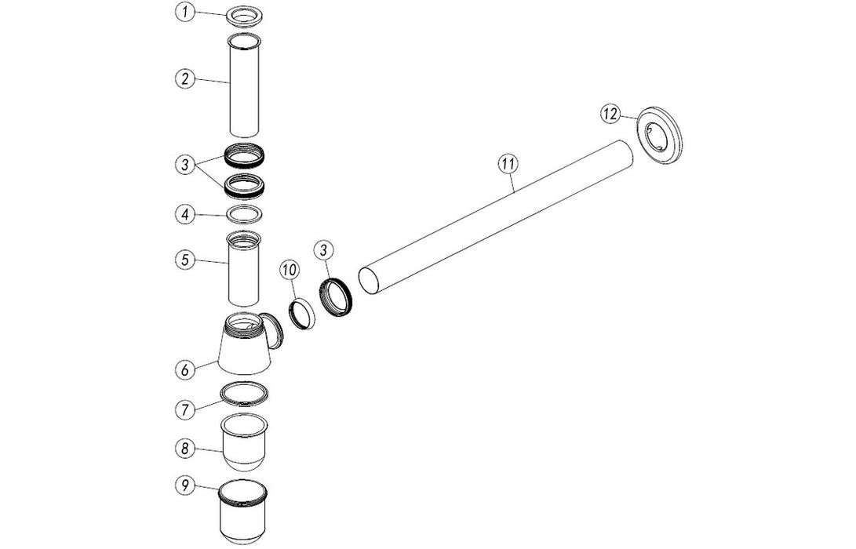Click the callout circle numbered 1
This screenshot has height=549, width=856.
click(186, 13)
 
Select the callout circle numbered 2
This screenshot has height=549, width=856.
click(185, 78)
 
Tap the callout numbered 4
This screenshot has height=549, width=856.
click(185, 214)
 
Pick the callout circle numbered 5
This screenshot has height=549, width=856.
click(185, 260)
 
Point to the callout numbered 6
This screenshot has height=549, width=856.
click(185, 369)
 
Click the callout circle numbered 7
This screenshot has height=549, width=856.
click(185, 409)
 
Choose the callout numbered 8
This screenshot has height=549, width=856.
click(185, 449)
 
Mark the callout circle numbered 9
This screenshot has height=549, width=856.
click(185, 485)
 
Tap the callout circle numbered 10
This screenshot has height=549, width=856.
click(290, 270)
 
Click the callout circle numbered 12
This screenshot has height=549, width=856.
click(610, 114)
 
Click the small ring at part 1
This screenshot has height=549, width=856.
click(245, 16)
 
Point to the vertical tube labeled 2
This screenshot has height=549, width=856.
click(244, 85)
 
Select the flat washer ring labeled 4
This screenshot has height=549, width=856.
click(244, 214)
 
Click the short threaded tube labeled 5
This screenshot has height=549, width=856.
click(244, 268)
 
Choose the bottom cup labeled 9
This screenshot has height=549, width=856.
click(243, 511)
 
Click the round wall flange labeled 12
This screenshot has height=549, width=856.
click(659, 135)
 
